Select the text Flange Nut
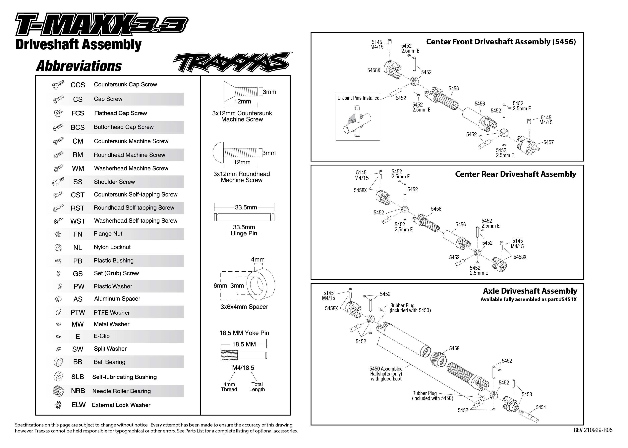point(108,234)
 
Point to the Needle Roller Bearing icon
point(58,391)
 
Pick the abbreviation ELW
point(78,405)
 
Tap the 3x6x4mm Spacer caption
point(244,307)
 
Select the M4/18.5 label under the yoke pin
point(243,368)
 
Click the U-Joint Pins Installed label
point(358,98)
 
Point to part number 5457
point(548,142)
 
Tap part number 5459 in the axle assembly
point(454,348)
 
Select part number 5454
point(541,407)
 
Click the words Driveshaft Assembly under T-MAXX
point(78,45)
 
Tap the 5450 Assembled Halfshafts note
point(386,374)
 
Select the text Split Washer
point(110,349)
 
